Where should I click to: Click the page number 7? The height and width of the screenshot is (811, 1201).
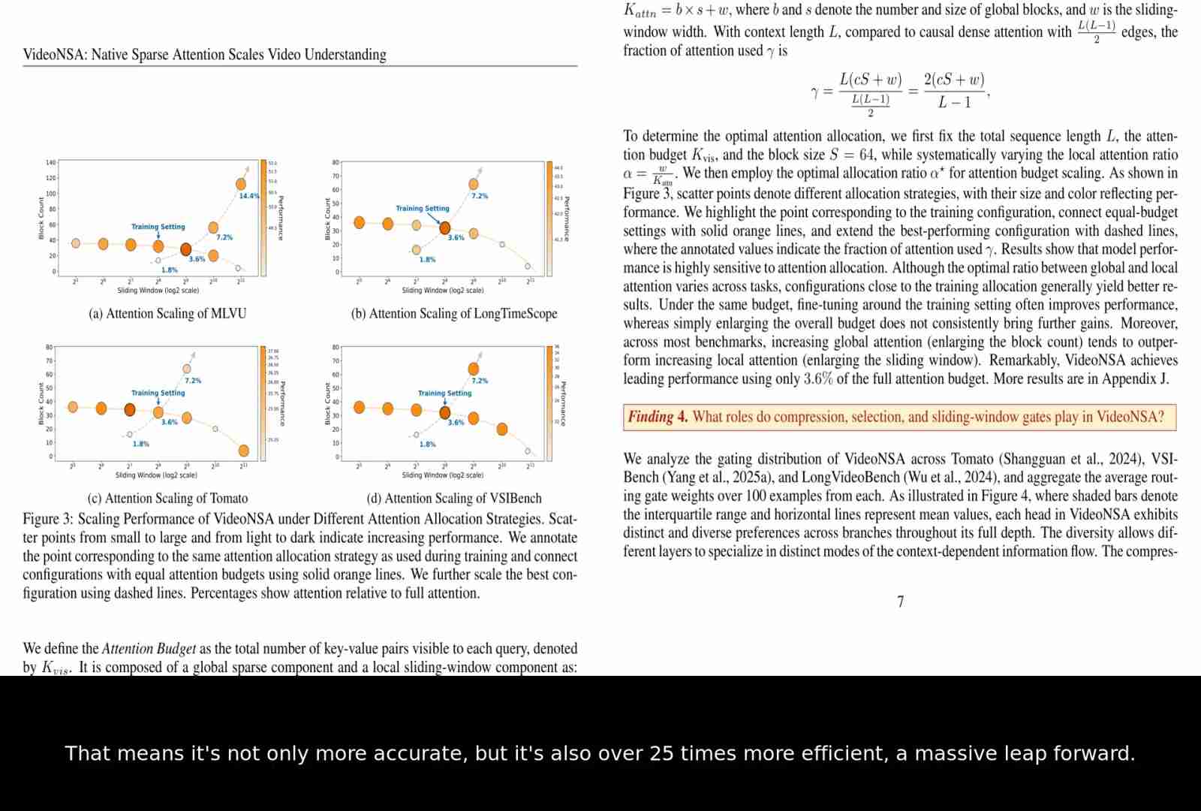click(x=900, y=601)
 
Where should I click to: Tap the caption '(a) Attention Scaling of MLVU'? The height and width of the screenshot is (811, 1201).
click(x=167, y=313)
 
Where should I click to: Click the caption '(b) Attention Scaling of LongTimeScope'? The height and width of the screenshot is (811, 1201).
click(x=454, y=313)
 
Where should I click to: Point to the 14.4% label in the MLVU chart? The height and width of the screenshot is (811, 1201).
click(x=249, y=196)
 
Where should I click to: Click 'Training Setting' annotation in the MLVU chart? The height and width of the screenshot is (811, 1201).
click(x=158, y=226)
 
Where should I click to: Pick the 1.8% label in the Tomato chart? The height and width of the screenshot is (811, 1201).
click(x=140, y=444)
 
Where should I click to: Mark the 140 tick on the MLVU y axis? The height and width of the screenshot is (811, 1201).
click(x=50, y=162)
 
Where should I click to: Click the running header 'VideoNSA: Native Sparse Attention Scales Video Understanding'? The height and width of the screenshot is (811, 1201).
click(x=204, y=54)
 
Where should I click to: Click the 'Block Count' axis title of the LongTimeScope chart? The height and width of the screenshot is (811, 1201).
click(x=327, y=219)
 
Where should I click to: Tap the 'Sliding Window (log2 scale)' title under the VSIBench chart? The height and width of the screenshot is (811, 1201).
click(x=443, y=475)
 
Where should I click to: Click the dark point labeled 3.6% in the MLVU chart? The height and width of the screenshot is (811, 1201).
click(x=186, y=249)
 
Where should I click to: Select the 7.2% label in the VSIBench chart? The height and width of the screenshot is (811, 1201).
click(x=480, y=381)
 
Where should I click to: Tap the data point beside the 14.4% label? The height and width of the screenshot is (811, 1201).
click(x=241, y=184)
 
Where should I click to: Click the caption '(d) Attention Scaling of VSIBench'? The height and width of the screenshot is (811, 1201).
click(x=453, y=498)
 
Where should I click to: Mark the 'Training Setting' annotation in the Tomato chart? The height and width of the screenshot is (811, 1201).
click(x=158, y=393)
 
